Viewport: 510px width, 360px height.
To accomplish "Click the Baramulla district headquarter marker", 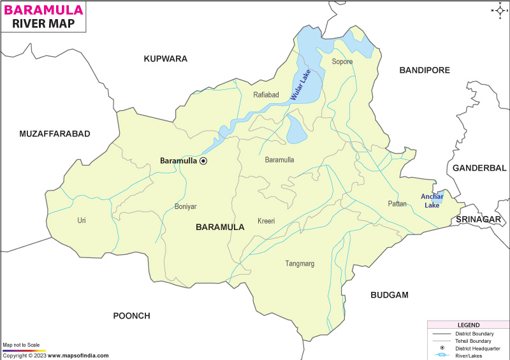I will click(x=203, y=161).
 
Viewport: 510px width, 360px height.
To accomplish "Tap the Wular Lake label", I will click(x=302, y=86).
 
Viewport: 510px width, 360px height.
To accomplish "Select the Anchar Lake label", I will click(x=431, y=201).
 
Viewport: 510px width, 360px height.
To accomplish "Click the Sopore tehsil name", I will click(x=342, y=62).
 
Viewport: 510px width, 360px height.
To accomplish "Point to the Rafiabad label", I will click(x=266, y=95).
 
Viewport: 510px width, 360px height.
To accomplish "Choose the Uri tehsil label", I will click(x=82, y=220).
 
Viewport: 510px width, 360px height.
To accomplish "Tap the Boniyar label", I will click(x=186, y=206).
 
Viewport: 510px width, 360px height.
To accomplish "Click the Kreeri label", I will click(x=266, y=221).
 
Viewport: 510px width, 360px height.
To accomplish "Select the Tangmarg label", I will click(x=300, y=263).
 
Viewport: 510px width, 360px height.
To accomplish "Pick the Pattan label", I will click(x=397, y=204).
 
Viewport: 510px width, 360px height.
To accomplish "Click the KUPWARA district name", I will click(x=165, y=59).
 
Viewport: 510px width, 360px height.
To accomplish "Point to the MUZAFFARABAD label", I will click(x=55, y=134).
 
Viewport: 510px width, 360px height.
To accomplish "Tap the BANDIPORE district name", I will click(x=425, y=70).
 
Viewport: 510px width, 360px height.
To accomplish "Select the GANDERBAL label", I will click(x=478, y=168).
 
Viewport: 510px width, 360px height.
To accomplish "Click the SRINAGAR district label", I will click(x=478, y=219).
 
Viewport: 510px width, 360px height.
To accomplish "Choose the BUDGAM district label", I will click(x=389, y=295).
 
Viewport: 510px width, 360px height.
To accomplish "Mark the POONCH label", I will click(x=131, y=315).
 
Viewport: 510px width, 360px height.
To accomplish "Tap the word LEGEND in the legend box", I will click(x=468, y=325).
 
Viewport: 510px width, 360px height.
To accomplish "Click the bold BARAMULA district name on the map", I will click(x=220, y=227).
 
